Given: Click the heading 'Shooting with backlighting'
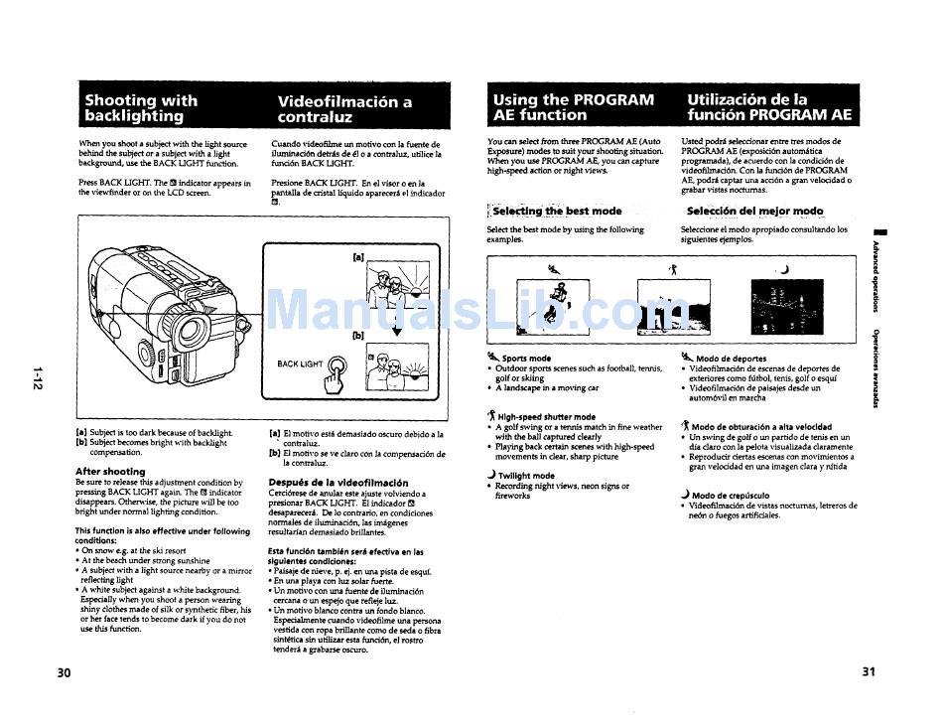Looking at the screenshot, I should coord(141,108).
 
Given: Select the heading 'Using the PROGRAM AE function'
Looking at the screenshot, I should coord(573,107).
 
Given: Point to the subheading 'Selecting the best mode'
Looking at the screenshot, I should coord(557,211).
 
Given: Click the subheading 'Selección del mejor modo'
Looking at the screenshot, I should coord(754,211).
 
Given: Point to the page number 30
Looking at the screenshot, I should coord(65,672).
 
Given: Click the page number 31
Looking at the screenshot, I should coord(869,672).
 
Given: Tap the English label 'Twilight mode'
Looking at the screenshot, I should coord(526,476).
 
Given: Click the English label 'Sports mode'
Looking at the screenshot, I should coord(526,359).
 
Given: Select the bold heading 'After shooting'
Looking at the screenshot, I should coord(110,471).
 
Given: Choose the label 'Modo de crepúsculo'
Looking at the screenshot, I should coord(730,495).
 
